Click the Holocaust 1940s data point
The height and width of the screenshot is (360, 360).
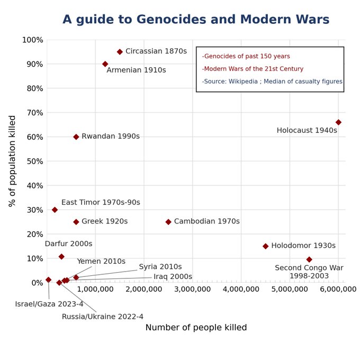coord(338,122)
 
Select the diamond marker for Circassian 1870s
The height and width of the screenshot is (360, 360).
coord(120,52)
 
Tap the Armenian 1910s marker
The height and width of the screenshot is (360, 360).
coord(105,64)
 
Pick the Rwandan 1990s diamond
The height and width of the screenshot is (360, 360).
coord(76,137)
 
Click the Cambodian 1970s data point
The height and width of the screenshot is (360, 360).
coord(168,222)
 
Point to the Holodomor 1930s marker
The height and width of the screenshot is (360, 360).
coord(265,246)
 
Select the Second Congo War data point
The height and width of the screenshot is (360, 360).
coord(309,259)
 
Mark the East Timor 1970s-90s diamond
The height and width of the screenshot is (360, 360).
coord(55,210)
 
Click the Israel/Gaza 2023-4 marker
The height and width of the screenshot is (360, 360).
coord(49,280)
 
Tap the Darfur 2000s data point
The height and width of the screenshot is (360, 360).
coord(61,257)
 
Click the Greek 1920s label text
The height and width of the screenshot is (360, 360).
coord(105,221)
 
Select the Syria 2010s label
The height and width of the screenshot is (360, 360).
coord(160,267)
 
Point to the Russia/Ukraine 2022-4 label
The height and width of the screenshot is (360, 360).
coord(103,317)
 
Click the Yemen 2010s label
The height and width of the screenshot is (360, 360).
coord(101,262)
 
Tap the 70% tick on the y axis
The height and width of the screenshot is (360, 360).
coord(35,113)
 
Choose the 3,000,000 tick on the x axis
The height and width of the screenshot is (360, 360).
coord(192,289)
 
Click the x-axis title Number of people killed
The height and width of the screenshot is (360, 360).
coord(196,328)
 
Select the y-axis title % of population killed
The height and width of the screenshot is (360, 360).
coord(12,161)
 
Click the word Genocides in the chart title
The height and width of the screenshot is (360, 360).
coord(172,19)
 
